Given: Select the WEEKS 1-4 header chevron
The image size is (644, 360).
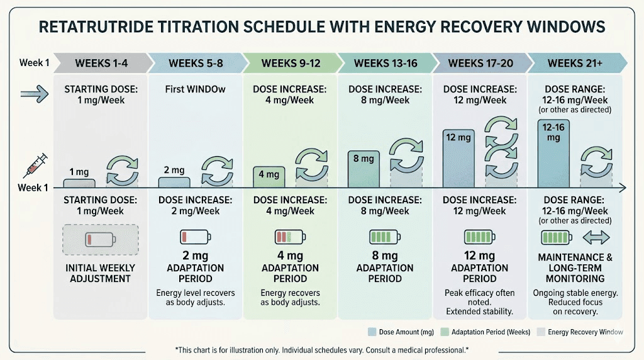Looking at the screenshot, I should [101, 63].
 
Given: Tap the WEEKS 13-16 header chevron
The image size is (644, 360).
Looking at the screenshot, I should [384, 63].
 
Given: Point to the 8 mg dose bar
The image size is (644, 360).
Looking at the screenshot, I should [364, 169].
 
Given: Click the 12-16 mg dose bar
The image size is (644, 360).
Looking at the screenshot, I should [553, 154].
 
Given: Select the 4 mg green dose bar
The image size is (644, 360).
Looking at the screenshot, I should [269, 177].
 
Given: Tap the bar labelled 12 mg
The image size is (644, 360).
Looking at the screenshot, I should [458, 158].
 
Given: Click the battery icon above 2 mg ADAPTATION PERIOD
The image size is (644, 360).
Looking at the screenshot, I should [194, 237].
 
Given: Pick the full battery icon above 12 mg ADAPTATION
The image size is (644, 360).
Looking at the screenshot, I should [479, 237].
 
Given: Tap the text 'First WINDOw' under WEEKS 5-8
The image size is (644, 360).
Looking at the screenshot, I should [194, 90].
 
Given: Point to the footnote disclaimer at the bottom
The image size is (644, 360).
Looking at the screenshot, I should [321, 349].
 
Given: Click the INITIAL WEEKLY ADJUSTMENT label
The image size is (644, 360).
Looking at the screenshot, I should [100, 273].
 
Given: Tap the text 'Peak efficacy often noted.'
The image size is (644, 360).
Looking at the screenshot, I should [479, 298].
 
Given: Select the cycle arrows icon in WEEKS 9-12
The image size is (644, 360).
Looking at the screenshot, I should [311, 165].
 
